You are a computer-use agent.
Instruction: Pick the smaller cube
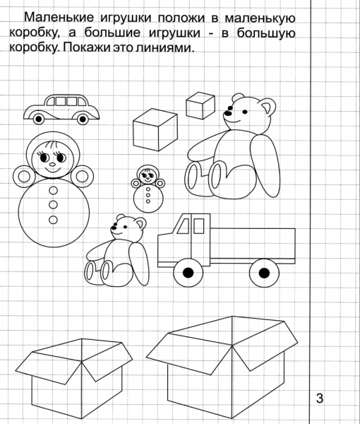tap(200, 105)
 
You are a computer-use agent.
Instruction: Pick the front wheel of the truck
tap(188, 272)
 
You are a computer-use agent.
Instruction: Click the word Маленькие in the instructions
tap(59, 17)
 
